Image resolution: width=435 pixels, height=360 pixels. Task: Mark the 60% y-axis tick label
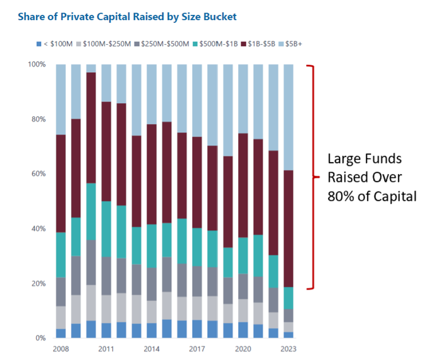tap(38, 174)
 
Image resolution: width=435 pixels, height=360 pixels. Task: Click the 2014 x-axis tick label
tap(152, 349)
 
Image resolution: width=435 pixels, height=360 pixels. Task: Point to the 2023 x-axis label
tap(288, 349)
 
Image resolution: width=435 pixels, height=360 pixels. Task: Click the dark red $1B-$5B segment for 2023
tap(288, 229)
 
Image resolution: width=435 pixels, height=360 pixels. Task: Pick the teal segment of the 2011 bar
tap(106, 229)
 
